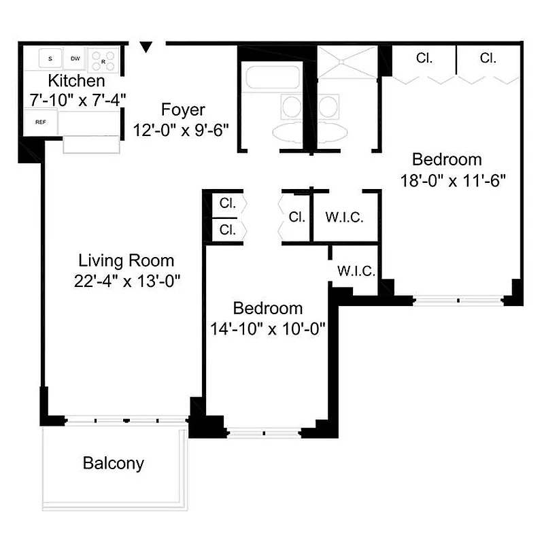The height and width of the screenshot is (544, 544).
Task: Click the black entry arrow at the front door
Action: [x=146, y=47]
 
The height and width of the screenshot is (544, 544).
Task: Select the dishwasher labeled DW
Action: [x=75, y=59]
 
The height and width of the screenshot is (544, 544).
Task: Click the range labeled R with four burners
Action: [x=104, y=58]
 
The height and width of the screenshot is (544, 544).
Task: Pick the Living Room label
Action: [x=126, y=260]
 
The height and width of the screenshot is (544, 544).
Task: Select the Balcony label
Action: [x=114, y=464]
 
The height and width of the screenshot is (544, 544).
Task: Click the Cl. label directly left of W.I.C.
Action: [x=296, y=218]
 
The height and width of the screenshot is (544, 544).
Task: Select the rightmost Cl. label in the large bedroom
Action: [x=488, y=58]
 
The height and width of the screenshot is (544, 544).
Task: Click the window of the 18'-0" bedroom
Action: [x=458, y=299]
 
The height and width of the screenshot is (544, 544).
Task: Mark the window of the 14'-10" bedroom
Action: [x=264, y=432]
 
